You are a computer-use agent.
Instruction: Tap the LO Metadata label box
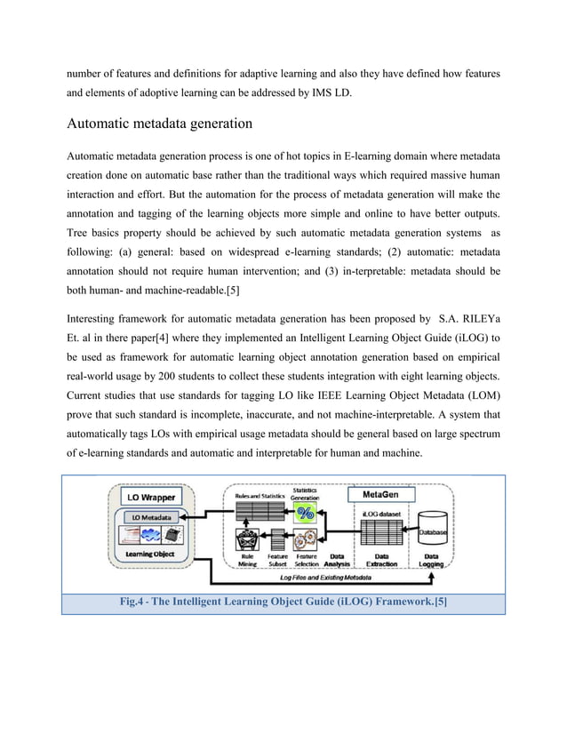tap(146, 517)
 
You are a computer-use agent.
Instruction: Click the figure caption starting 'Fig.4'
tap(283, 602)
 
